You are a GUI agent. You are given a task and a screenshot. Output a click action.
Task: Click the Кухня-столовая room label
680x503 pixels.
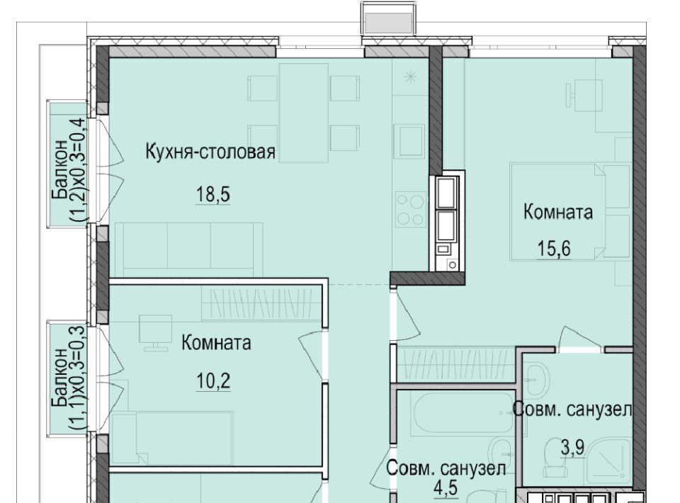(x=210, y=152)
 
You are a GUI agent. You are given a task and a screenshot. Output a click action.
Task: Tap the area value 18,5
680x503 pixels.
(x=213, y=194)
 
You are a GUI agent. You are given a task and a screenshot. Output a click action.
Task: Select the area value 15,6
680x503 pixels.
(x=554, y=249)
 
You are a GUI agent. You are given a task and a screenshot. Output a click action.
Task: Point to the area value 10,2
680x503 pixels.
(x=213, y=382)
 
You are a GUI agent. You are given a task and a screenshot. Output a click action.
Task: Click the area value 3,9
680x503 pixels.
(x=572, y=448)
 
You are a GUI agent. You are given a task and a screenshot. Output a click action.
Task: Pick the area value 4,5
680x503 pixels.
(x=446, y=487)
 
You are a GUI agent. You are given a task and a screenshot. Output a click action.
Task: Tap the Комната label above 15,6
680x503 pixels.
(x=557, y=212)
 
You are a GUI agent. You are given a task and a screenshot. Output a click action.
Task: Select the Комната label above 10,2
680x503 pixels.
(x=216, y=343)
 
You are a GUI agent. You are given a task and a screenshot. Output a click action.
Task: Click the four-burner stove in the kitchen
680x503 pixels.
(x=410, y=210)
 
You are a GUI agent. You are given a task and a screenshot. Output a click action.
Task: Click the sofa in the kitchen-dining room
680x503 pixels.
(x=188, y=250)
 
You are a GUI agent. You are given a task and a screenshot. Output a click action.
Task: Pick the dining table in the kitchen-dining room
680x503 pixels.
(x=304, y=113)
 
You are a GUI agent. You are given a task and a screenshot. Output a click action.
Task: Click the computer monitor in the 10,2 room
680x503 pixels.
(x=154, y=332)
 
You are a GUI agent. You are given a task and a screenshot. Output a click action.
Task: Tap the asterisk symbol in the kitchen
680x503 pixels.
(x=409, y=78)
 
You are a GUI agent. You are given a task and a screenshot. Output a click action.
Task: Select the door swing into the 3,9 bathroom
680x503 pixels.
(x=579, y=338)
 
